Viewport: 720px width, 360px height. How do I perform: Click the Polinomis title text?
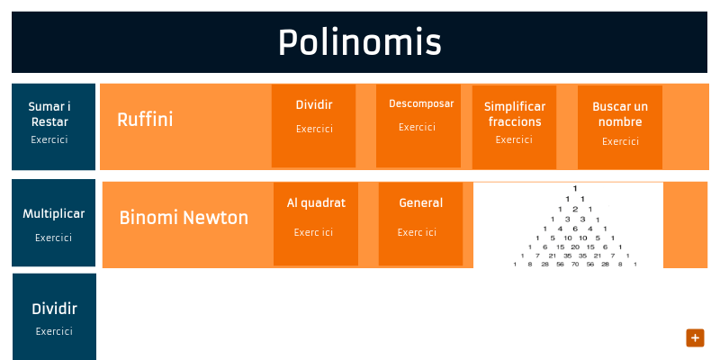(359, 42)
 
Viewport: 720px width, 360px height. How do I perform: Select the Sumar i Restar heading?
(49, 113)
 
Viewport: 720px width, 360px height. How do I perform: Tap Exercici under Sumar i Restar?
(49, 139)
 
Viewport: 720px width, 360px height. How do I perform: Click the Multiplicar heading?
(53, 214)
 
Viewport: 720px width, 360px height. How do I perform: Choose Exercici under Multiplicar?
(53, 238)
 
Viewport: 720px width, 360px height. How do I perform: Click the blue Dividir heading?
(54, 309)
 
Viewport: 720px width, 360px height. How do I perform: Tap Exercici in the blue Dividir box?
(54, 331)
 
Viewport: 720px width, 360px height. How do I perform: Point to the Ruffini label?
(145, 119)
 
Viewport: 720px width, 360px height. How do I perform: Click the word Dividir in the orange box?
(314, 104)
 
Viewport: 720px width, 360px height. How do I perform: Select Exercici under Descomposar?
(417, 127)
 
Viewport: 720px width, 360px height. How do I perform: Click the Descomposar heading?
(421, 103)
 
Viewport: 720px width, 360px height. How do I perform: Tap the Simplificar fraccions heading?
(514, 113)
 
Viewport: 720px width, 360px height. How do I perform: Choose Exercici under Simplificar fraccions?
(514, 139)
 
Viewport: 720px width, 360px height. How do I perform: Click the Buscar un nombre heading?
(619, 113)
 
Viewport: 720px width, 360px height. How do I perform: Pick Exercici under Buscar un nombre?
(620, 141)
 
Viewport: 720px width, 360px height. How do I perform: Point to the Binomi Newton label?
(184, 218)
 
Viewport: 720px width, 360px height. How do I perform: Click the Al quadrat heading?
(316, 202)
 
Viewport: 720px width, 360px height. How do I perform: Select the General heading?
(420, 202)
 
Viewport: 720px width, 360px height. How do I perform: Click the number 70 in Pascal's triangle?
(574, 265)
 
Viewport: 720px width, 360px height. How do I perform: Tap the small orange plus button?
(694, 337)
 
